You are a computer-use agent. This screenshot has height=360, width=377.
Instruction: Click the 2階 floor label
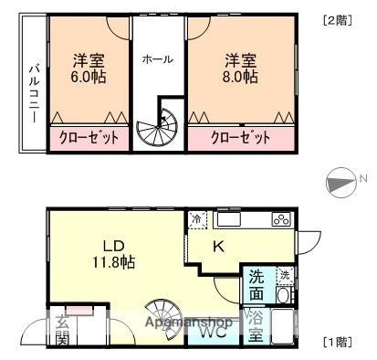[335, 20]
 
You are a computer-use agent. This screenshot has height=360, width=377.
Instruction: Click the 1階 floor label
[335, 343]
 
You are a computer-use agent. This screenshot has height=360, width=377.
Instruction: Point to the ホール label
[157, 58]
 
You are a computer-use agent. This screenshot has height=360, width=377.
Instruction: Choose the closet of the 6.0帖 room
[88, 139]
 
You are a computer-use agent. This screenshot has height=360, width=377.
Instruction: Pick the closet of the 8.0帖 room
[241, 139]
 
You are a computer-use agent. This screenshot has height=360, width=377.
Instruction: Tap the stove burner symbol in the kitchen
[281, 219]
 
